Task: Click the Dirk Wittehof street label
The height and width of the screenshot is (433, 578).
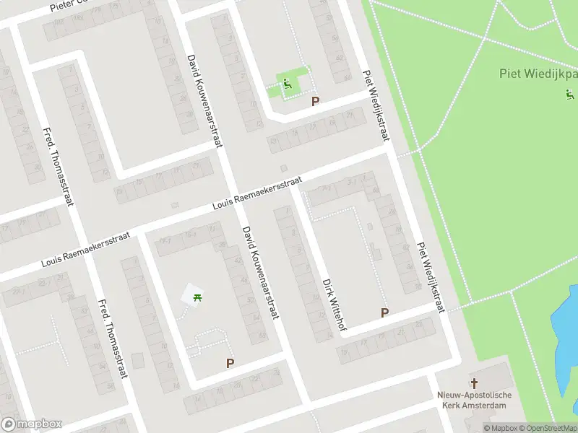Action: [x=335, y=306]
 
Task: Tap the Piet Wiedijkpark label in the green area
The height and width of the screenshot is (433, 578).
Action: [x=539, y=74]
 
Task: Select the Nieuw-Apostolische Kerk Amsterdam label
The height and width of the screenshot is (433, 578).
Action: [x=475, y=400]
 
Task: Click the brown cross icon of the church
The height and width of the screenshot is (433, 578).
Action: [x=475, y=383]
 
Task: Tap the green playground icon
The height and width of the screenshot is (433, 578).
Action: [x=288, y=84]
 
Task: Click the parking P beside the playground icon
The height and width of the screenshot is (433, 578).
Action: [x=315, y=102]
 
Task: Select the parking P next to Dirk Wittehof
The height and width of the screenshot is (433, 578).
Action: [x=385, y=312]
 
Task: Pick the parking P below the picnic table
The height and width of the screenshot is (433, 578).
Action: [x=230, y=364]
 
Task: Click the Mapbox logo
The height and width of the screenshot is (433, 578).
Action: [x=32, y=424]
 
